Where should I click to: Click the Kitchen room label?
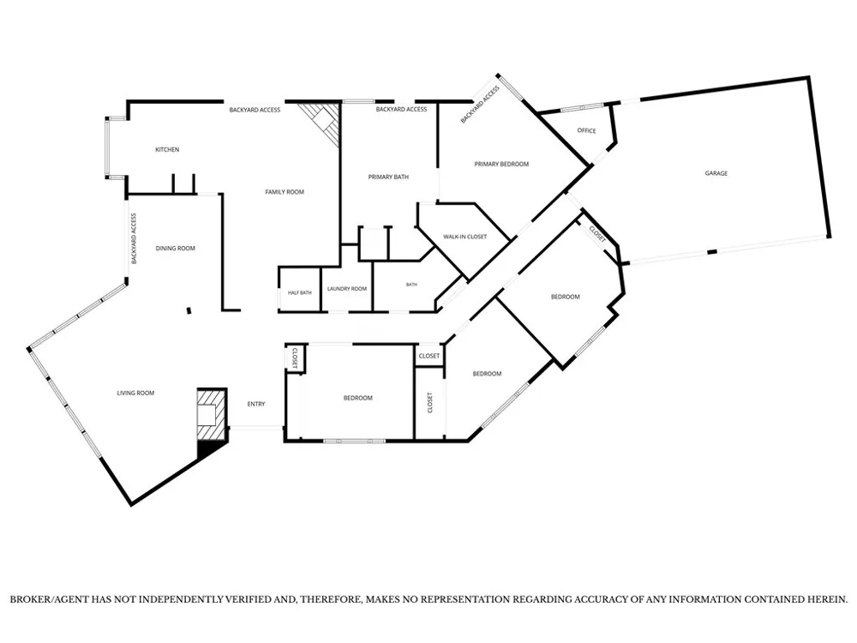[167, 149]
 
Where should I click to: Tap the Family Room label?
[285, 192]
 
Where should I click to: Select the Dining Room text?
[176, 249]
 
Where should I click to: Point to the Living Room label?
[135, 393]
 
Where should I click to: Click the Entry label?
[256, 404]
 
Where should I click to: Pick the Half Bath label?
[299, 292]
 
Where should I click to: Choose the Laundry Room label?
[347, 289]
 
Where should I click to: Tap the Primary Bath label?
[388, 177]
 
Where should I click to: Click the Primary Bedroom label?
[501, 164]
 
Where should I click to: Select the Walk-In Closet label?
[465, 237]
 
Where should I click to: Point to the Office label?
[586, 130]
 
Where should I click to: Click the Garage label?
[716, 173]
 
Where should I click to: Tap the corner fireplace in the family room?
[322, 123]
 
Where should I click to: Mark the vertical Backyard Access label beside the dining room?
[134, 238]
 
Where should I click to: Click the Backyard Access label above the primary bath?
[401, 110]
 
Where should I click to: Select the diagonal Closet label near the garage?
[597, 234]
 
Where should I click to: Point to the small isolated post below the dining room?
[189, 310]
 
